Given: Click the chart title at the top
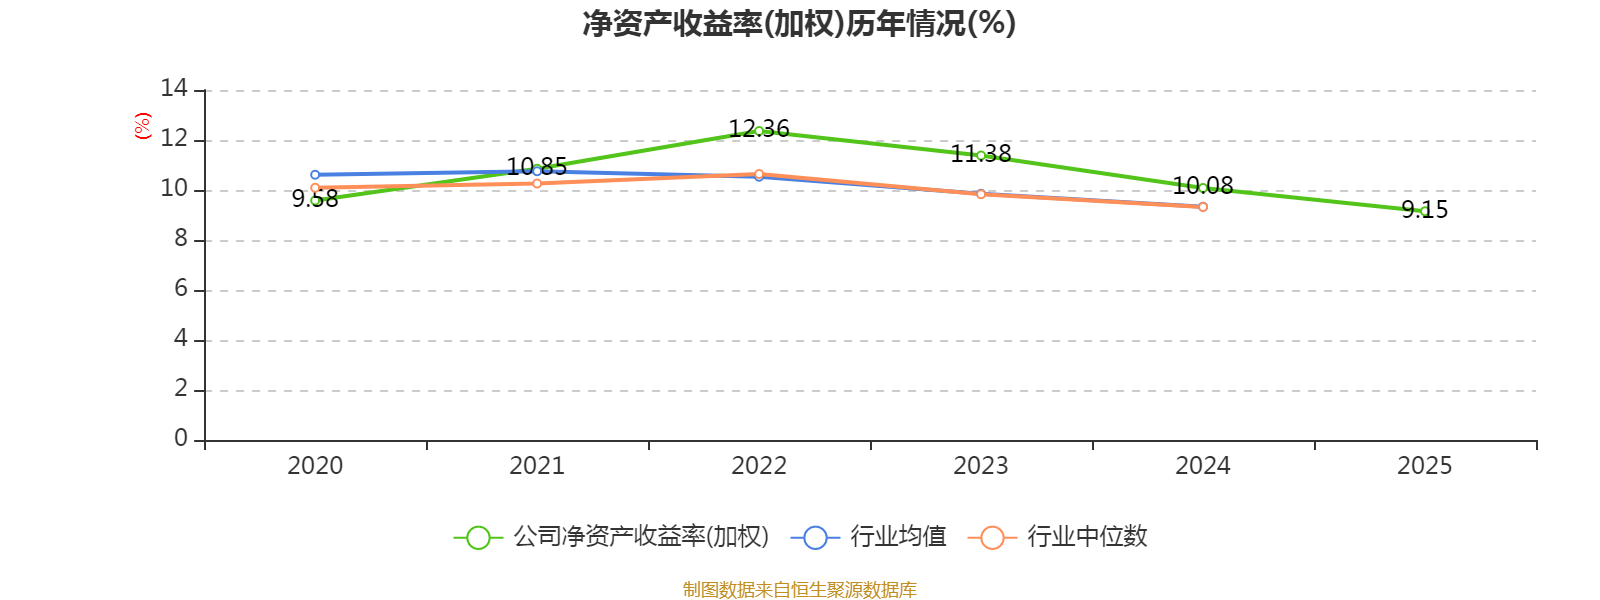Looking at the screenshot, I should pyautogui.click(x=799, y=24).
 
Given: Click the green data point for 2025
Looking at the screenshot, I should pyautogui.click(x=1424, y=211).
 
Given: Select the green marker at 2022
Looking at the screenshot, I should pyautogui.click(x=759, y=131).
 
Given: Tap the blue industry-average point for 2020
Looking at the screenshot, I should pyautogui.click(x=315, y=175).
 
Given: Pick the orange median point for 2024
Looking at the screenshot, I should pyautogui.click(x=1203, y=207).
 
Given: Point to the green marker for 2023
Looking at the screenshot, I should pyautogui.click(x=981, y=155).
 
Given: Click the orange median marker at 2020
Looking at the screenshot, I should pyautogui.click(x=315, y=188).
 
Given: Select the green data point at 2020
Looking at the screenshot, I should pyautogui.click(x=315, y=200).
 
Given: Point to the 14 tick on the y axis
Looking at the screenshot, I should pyautogui.click(x=174, y=89).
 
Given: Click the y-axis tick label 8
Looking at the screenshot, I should pyautogui.click(x=181, y=239).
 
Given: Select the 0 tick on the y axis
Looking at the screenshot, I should pyautogui.click(x=181, y=439).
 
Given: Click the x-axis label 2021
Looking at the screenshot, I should pyautogui.click(x=537, y=466).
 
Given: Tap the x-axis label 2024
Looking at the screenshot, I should pyautogui.click(x=1203, y=466).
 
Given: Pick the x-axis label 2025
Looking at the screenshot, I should pyautogui.click(x=1424, y=466).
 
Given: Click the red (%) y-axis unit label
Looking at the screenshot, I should pyautogui.click(x=143, y=126).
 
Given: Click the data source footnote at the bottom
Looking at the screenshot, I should pyautogui.click(x=799, y=590).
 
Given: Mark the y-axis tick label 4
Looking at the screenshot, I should pyautogui.click(x=181, y=339).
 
